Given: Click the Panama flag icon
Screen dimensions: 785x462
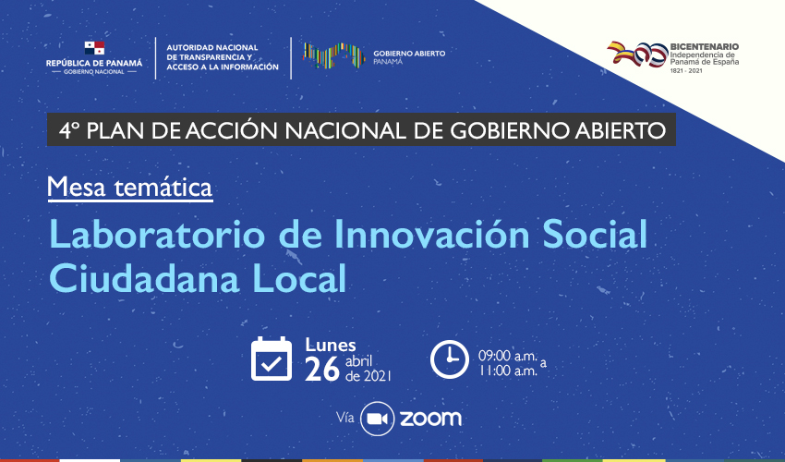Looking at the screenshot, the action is point(94,49).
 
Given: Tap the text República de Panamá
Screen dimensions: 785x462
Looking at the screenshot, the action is point(94,63).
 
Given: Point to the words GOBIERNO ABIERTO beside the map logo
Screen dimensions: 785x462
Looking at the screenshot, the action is point(409,54).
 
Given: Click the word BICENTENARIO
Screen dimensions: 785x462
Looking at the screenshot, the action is point(705,46).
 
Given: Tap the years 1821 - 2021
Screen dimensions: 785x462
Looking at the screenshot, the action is point(686,70).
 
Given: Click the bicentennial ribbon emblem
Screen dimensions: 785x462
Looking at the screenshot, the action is point(637,54).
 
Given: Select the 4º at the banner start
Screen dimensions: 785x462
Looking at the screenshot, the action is point(69,131).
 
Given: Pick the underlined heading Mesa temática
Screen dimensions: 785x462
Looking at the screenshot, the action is point(130,188).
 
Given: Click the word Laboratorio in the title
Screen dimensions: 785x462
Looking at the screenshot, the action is point(157,235).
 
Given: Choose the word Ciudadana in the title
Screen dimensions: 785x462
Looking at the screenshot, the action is point(144,278).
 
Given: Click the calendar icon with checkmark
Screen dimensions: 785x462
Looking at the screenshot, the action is point(272,359).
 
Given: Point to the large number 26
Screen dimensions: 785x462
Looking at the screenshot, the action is point(322,370).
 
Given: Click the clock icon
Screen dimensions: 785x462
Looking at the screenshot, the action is point(450,359).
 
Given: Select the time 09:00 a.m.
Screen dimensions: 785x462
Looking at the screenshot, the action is point(507,356).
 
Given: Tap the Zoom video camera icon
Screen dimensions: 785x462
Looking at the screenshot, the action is point(378,419).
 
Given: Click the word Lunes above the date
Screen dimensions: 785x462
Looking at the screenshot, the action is point(331,346).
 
